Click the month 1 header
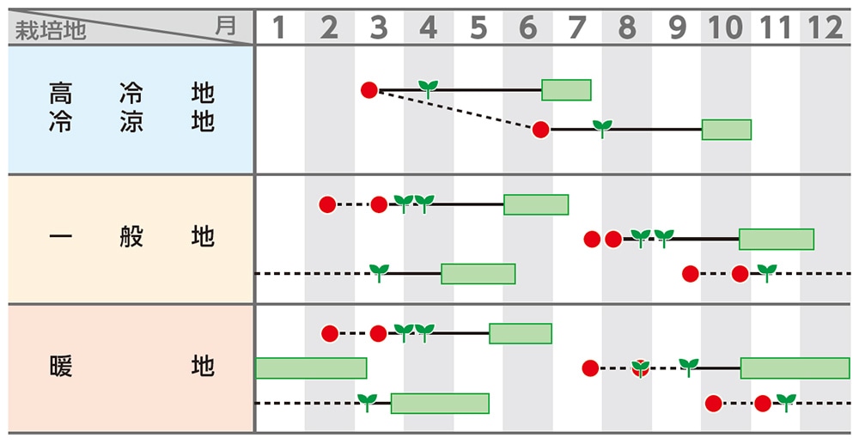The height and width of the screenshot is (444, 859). pyautogui.click(x=278, y=27)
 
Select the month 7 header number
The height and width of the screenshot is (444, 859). pyautogui.click(x=577, y=27)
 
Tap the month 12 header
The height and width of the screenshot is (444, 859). pyautogui.click(x=825, y=27)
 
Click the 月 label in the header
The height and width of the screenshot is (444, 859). pyautogui.click(x=225, y=26)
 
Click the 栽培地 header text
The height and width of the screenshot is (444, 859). pyautogui.click(x=51, y=32)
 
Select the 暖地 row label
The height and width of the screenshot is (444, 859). pyautogui.click(x=131, y=368)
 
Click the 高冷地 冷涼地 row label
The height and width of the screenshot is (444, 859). pyautogui.click(x=131, y=107)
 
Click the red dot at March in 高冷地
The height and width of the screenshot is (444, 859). pyautogui.click(x=369, y=89)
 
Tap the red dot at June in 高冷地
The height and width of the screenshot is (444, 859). pyautogui.click(x=540, y=130)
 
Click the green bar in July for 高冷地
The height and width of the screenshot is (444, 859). pyautogui.click(x=566, y=89)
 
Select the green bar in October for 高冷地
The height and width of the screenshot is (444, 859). pyautogui.click(x=727, y=130)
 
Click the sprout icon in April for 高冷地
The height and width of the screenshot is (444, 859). pyautogui.click(x=428, y=87)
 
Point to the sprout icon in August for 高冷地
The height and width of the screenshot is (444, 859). pyautogui.click(x=603, y=128)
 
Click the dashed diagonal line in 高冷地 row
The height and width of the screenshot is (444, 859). pyautogui.click(x=455, y=109)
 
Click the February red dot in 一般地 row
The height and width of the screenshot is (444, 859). pyautogui.click(x=326, y=204)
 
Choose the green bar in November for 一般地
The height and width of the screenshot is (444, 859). pyautogui.click(x=777, y=239)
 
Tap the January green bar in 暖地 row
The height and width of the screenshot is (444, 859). pyautogui.click(x=311, y=368)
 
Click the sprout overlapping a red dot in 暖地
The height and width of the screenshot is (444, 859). pyautogui.click(x=640, y=368)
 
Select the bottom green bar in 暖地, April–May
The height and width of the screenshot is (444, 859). pyautogui.click(x=440, y=403)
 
